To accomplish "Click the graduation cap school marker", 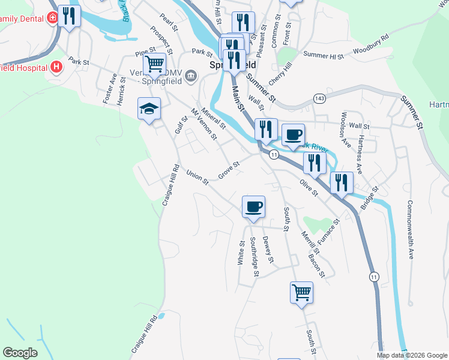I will click(x=149, y=109).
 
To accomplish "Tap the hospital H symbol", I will click(x=56, y=67).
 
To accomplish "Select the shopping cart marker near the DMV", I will click(x=154, y=63).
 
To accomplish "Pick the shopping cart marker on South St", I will click(x=301, y=293).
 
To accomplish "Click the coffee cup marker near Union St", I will click(x=253, y=207).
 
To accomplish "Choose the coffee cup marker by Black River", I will click(x=293, y=134).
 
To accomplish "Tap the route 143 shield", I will click(x=319, y=98).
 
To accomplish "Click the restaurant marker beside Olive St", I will click(x=315, y=163).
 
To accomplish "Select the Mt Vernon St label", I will click(x=204, y=124).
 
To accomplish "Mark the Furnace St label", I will click(x=328, y=230).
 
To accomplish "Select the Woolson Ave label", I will click(x=345, y=129).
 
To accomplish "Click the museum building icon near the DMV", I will click(x=191, y=75).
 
